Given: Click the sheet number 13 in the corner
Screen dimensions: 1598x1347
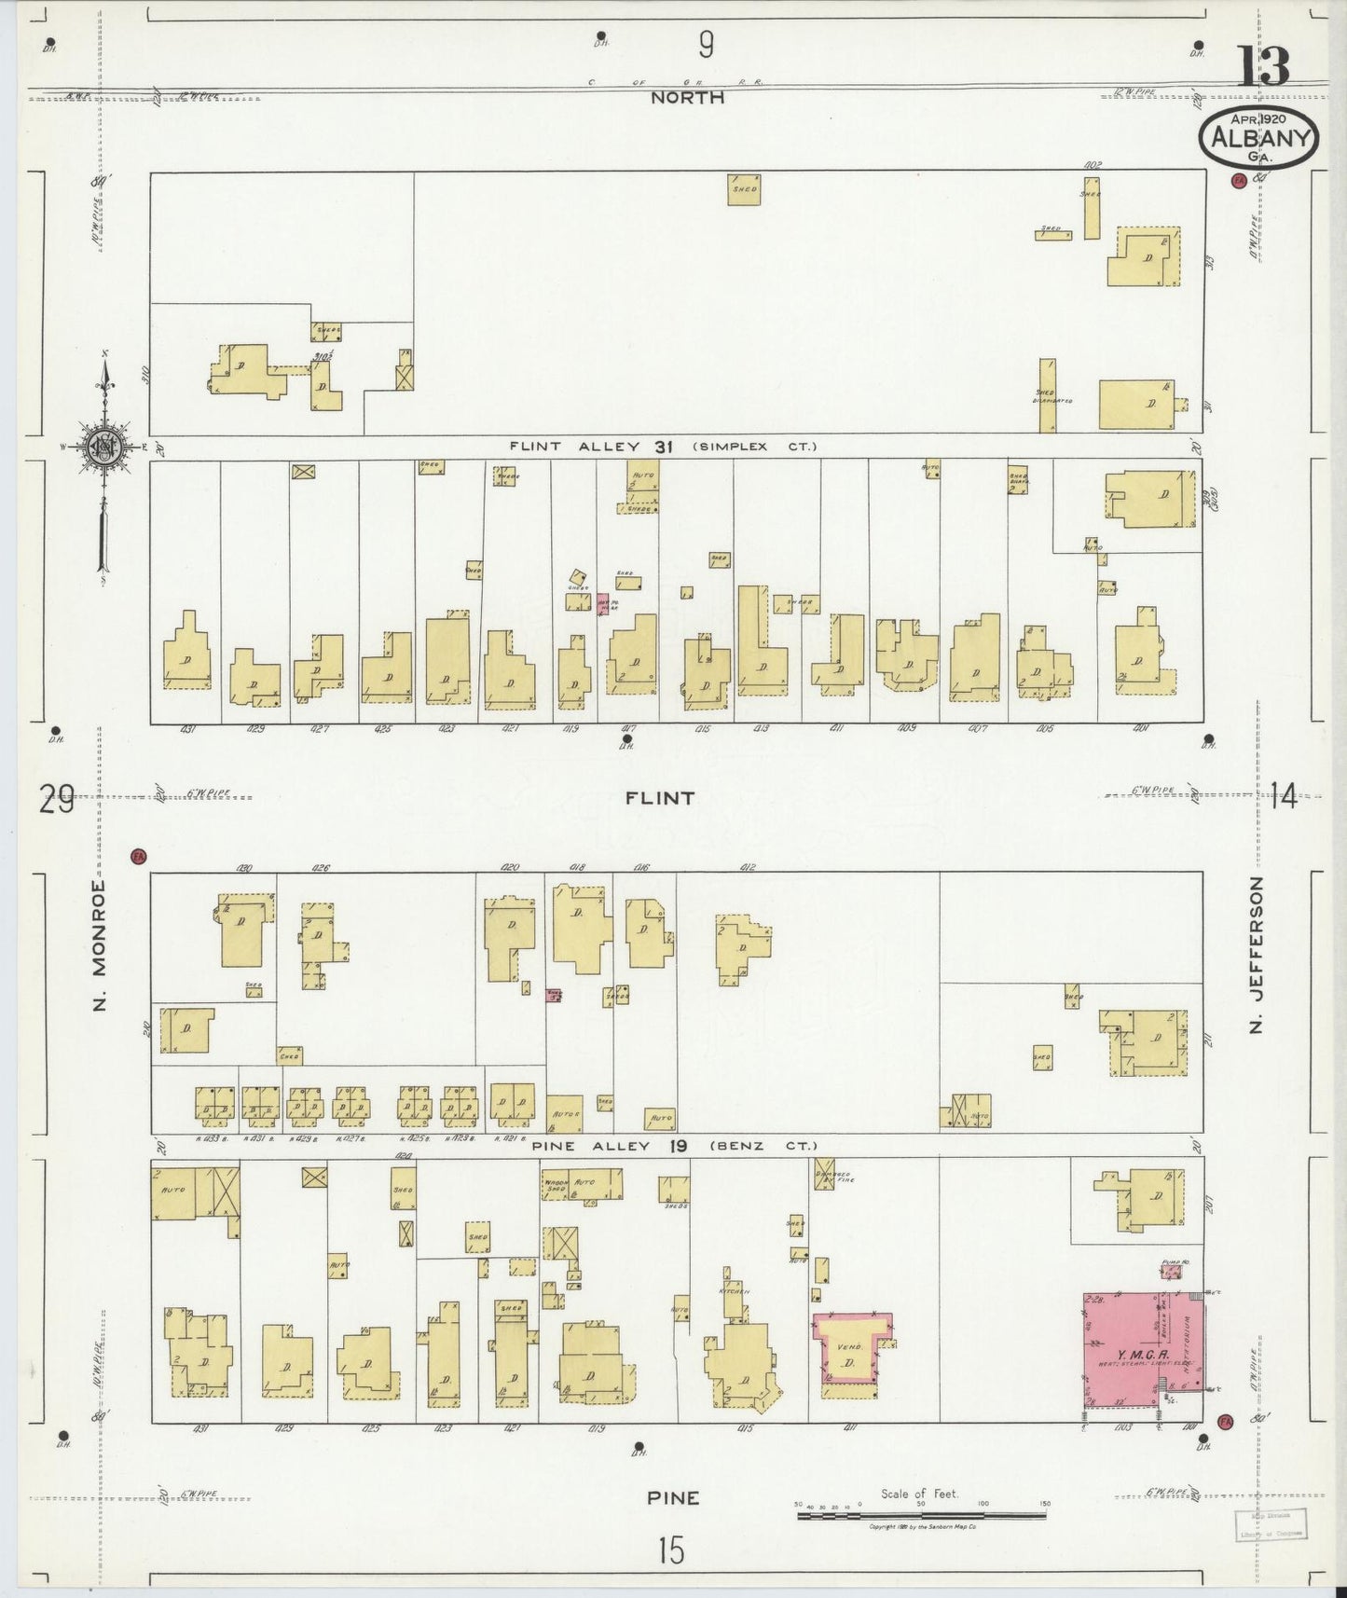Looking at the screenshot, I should (x=1264, y=67).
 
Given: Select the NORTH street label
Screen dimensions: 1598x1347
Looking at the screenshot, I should (x=687, y=97).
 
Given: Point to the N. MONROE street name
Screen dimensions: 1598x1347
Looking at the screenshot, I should (x=100, y=945).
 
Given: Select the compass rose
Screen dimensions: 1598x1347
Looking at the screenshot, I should (x=102, y=448).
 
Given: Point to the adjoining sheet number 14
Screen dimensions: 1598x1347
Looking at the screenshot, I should (x=1283, y=796).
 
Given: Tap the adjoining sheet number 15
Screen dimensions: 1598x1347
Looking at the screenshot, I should (x=670, y=1550).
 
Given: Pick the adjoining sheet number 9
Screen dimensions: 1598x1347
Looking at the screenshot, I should (x=706, y=44).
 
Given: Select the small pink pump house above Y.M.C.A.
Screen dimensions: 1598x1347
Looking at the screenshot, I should (x=1172, y=1271).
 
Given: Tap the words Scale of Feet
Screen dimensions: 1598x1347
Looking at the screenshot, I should (x=919, y=1494).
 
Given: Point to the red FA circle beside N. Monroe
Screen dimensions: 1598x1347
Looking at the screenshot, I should (x=139, y=856).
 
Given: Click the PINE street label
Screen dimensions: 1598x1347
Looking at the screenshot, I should (x=673, y=1497).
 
